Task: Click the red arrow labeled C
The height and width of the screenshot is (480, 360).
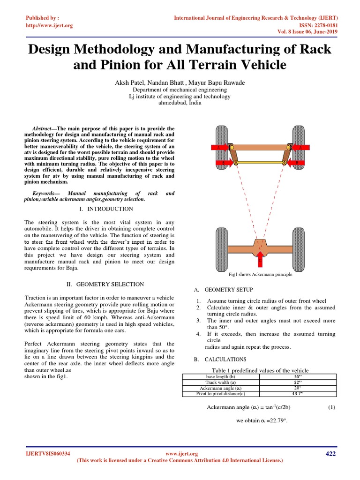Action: (x=260, y=257)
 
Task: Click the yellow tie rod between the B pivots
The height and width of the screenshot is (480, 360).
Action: (x=260, y=162)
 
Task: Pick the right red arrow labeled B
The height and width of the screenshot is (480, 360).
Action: (x=297, y=163)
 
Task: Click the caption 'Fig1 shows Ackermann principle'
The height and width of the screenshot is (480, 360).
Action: (x=260, y=274)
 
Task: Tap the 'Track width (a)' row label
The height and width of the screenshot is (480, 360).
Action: (x=214, y=382)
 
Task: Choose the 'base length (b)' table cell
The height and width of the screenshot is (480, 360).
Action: (x=214, y=376)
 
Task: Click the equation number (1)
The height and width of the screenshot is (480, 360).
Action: (x=331, y=407)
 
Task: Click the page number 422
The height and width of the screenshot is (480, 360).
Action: (x=330, y=453)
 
